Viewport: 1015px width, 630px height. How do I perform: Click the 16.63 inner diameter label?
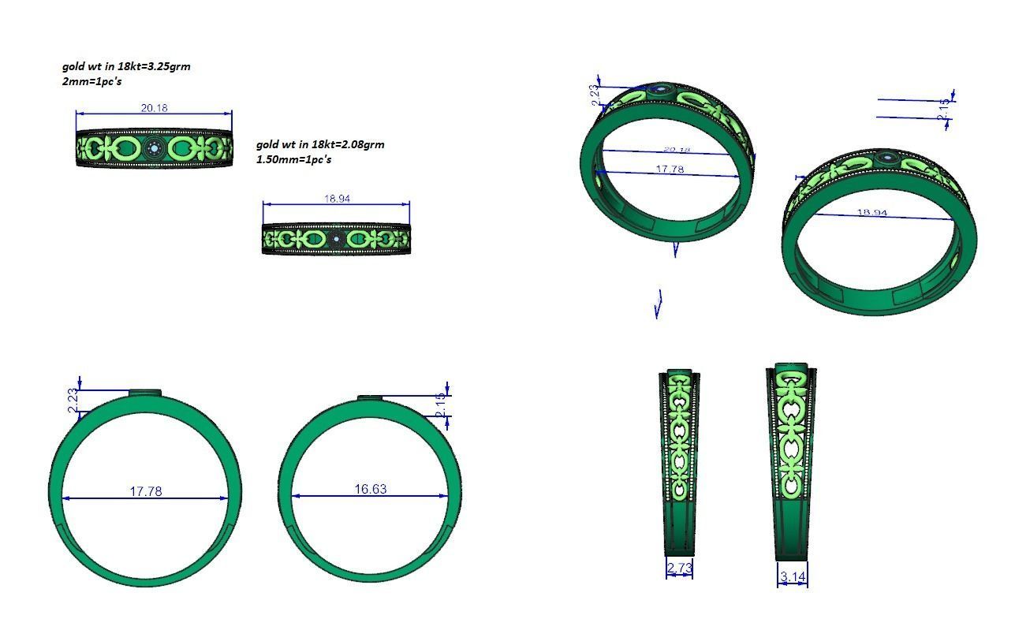tap(370, 490)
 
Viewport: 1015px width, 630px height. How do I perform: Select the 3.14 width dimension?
tap(793, 577)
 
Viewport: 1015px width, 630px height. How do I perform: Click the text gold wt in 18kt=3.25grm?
tap(126, 66)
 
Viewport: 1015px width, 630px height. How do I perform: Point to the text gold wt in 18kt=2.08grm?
tap(320, 144)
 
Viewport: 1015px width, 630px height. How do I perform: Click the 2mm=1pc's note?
tap(91, 81)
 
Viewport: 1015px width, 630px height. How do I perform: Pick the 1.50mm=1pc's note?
tap(293, 159)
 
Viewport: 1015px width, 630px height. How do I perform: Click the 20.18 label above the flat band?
tap(154, 108)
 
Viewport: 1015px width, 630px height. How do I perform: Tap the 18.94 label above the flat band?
tap(337, 199)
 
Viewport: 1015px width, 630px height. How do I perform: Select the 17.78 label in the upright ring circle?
tap(145, 491)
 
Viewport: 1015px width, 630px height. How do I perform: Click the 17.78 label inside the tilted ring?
tap(670, 170)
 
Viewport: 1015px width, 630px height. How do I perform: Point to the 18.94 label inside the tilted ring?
tap(871, 213)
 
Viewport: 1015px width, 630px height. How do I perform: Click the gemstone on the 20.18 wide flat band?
tap(155, 147)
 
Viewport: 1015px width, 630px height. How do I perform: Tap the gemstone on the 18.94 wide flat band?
tap(337, 238)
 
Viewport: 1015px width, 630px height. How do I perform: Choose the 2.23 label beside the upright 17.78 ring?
tap(73, 401)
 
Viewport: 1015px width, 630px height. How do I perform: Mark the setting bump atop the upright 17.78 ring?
tap(145, 392)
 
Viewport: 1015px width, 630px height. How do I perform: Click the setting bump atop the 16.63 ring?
tap(371, 397)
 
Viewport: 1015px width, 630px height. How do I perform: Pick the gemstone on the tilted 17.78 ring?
tap(660, 91)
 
